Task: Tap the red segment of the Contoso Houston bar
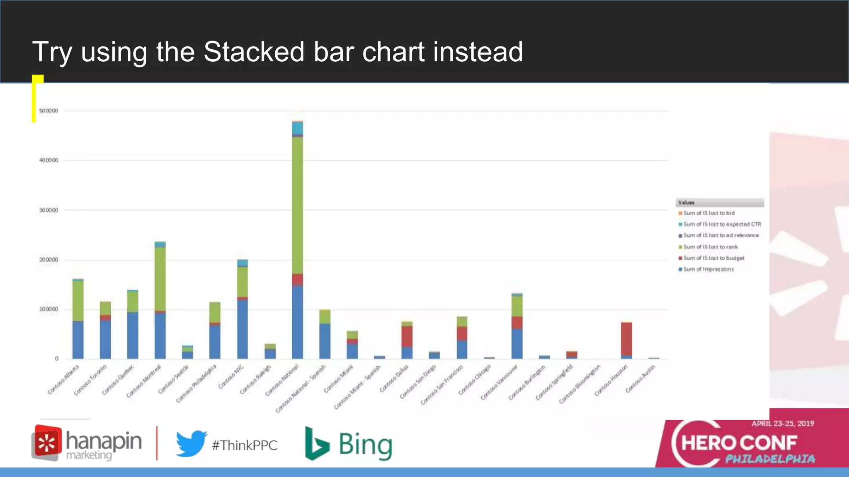click(x=626, y=339)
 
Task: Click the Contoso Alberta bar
click(x=78, y=319)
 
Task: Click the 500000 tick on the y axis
click(x=49, y=111)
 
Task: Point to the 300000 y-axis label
click(x=49, y=210)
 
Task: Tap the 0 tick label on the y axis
click(x=57, y=359)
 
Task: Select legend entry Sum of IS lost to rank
click(x=710, y=247)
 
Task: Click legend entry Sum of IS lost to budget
click(x=713, y=258)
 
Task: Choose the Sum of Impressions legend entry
click(x=708, y=269)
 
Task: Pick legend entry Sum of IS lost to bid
click(x=708, y=213)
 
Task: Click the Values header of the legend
click(x=686, y=202)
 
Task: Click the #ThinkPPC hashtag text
click(x=245, y=446)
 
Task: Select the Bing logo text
click(x=365, y=445)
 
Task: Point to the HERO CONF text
click(x=739, y=443)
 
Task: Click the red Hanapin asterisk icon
click(x=47, y=443)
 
